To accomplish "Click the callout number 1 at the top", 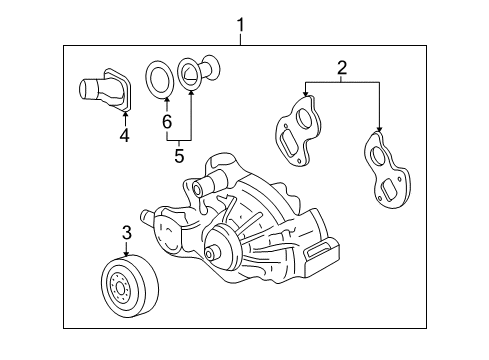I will click(240, 23).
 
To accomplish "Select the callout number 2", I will click(341, 69).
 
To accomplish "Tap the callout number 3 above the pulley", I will click(127, 233).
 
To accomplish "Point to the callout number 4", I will click(125, 134).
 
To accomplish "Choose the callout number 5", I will click(179, 155).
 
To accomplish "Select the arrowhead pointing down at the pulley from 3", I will click(127, 252).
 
